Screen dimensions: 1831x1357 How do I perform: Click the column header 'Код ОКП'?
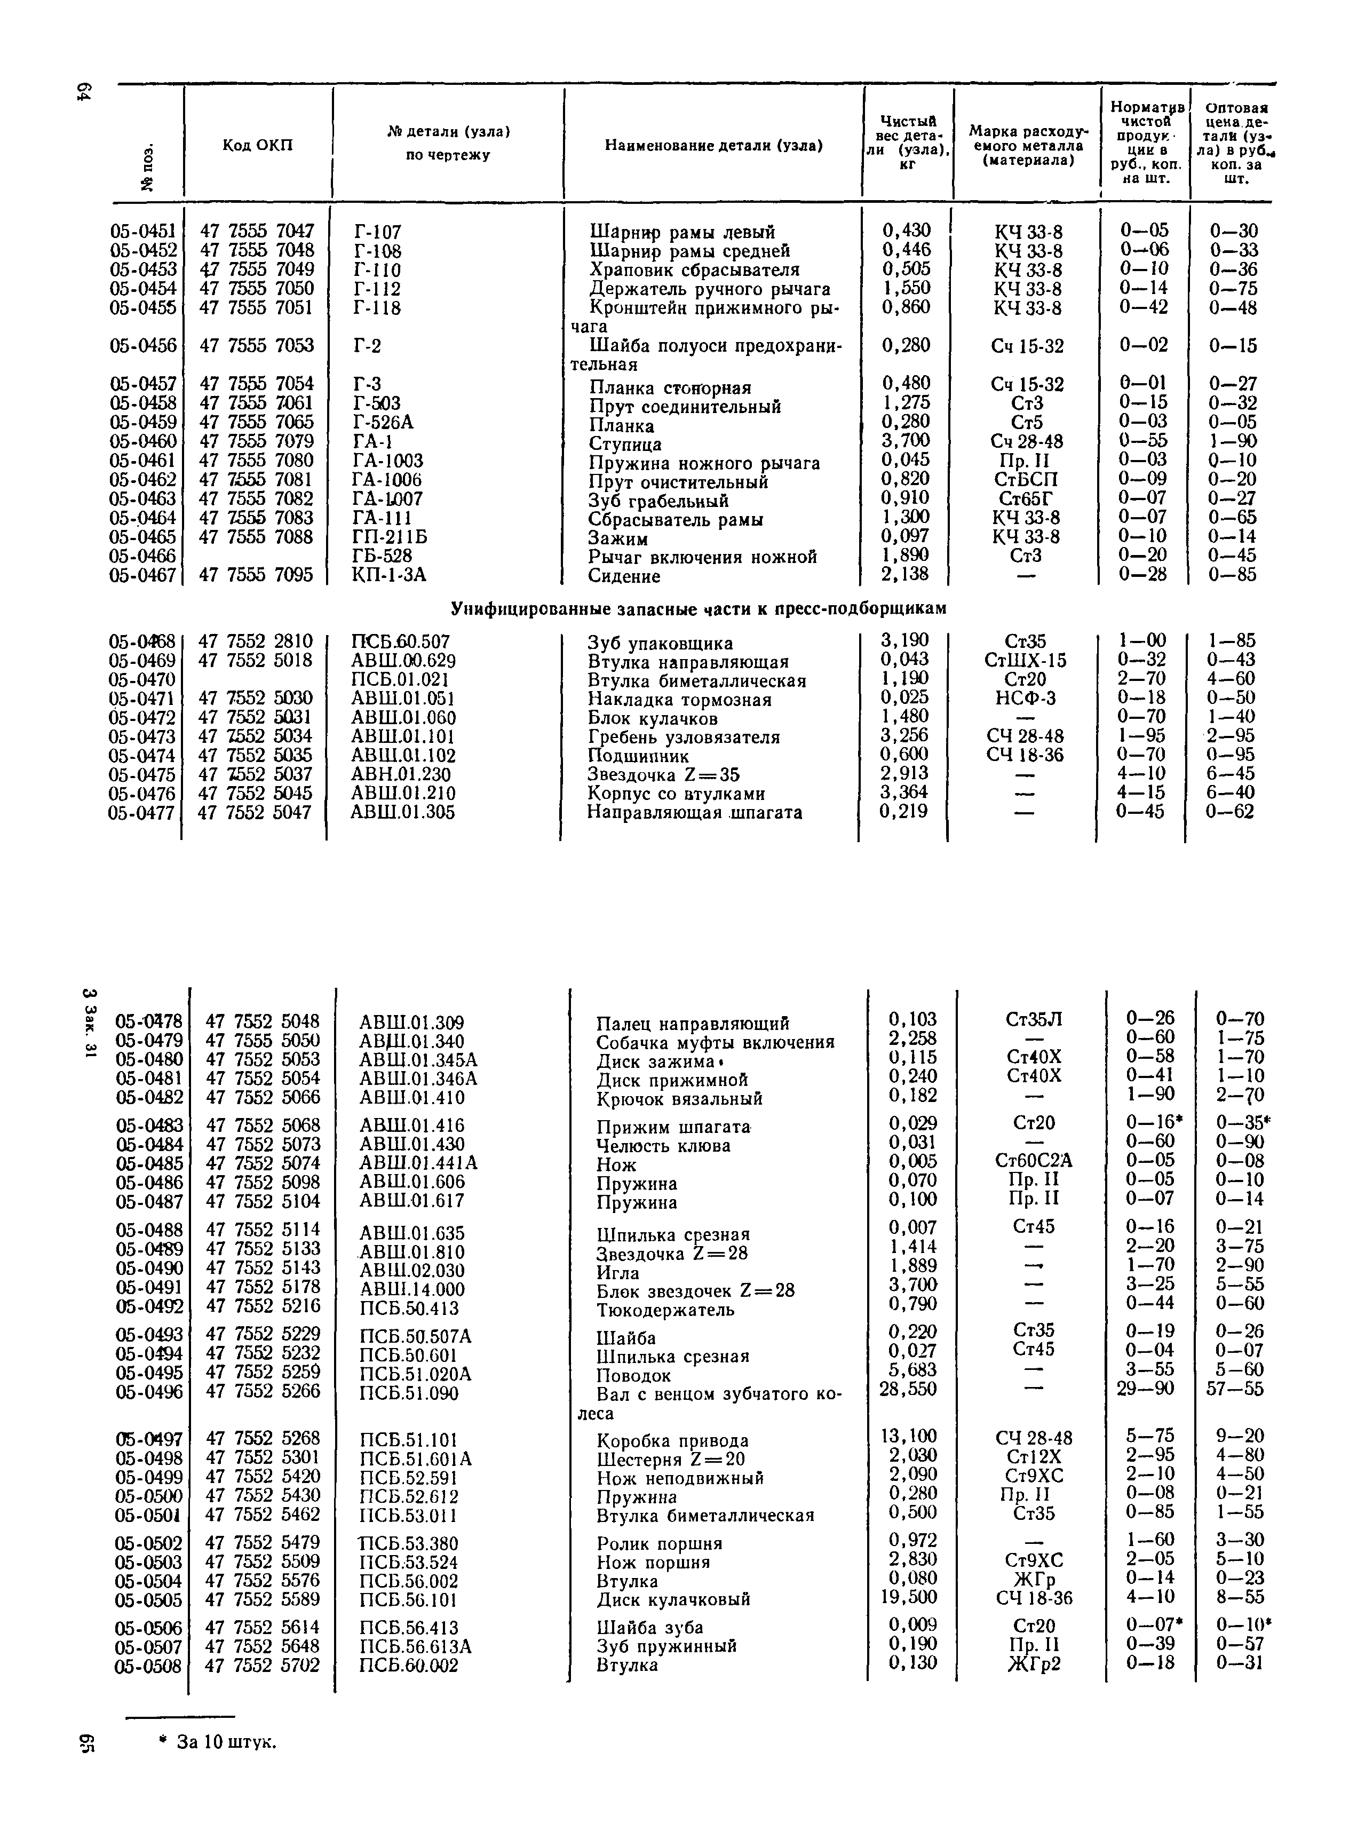coord(257,145)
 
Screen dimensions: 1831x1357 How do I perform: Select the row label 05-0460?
coord(143,441)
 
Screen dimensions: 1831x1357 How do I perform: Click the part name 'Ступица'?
coord(625,445)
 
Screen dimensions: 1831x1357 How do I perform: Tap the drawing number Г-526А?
coord(383,422)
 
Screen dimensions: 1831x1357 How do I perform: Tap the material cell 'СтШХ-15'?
coord(1025,661)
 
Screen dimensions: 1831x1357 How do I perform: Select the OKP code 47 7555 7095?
coord(257,575)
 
